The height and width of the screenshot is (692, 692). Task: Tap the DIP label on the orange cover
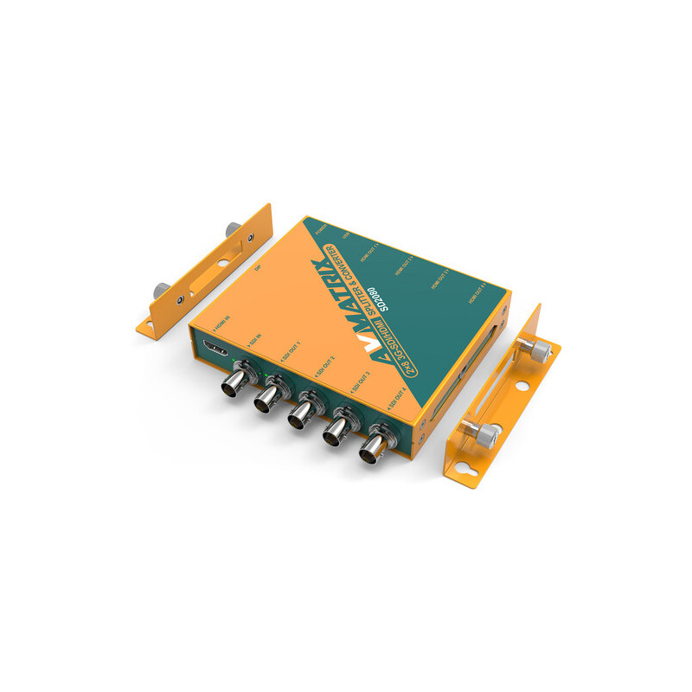pyautogui.click(x=258, y=269)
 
